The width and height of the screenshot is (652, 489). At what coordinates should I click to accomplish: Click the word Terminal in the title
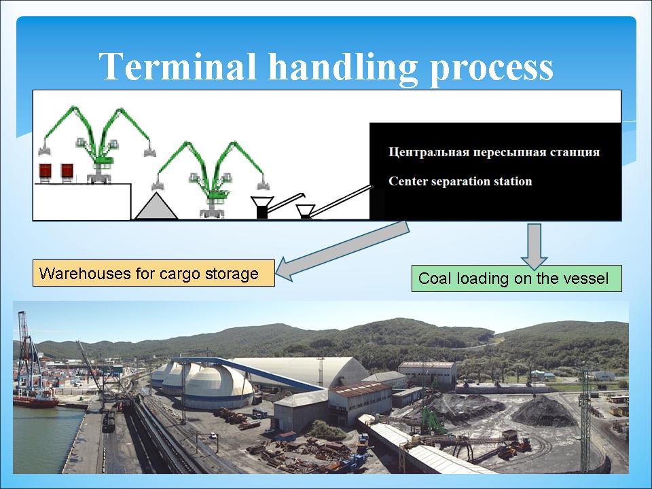(x=177, y=66)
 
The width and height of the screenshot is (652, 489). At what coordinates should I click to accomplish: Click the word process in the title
(x=491, y=69)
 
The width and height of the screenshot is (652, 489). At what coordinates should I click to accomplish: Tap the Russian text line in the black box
(x=494, y=151)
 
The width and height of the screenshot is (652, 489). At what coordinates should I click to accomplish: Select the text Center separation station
(x=460, y=181)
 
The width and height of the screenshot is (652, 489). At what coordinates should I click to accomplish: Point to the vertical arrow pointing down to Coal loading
(x=535, y=246)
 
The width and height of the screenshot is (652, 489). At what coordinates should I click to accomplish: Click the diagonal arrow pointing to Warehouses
(x=342, y=251)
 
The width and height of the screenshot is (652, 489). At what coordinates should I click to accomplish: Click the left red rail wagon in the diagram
(x=45, y=170)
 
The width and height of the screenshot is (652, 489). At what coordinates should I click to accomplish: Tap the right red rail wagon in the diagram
(x=67, y=170)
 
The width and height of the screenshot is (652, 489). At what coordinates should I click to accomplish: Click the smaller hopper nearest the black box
(x=305, y=211)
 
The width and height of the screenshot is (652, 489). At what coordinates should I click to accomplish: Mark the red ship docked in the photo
(x=35, y=401)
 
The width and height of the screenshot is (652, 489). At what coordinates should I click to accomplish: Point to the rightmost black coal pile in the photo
(x=543, y=412)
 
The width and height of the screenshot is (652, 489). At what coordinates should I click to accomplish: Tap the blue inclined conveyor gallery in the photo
(x=249, y=372)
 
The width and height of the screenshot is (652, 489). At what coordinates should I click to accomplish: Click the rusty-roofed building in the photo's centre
(x=360, y=401)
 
